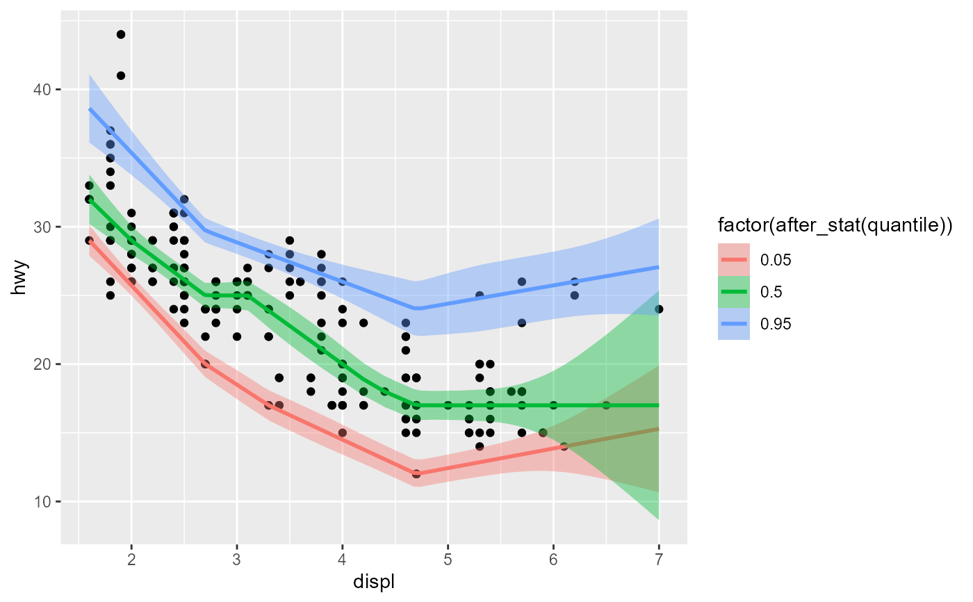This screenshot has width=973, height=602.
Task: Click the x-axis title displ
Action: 374,581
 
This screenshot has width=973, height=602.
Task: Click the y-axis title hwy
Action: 21,282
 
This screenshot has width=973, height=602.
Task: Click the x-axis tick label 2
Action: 131,559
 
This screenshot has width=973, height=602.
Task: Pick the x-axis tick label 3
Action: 237,559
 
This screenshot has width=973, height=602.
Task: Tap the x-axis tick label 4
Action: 342,559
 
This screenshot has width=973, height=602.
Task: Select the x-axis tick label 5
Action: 448,559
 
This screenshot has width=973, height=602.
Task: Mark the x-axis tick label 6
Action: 553,559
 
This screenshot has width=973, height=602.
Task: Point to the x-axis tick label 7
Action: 658,559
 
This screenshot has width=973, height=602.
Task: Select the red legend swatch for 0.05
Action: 734,259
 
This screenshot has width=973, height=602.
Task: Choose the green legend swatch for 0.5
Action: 734,292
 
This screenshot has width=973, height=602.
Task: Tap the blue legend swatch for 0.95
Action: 734,324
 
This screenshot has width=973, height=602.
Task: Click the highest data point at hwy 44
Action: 121,35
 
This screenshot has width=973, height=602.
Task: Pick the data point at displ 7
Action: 658,309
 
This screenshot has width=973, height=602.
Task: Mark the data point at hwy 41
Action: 121,76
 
